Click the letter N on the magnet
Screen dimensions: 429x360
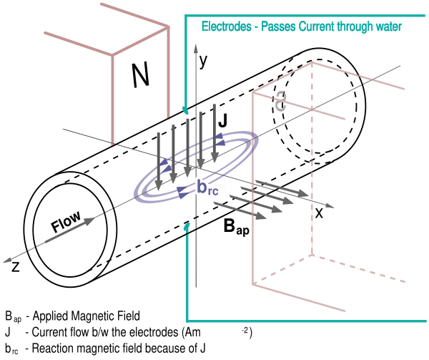point(141,74)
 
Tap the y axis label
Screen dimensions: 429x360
point(203,61)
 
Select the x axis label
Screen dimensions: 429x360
point(319,213)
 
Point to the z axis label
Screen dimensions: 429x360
point(16,267)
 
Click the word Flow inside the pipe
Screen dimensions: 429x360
point(66,221)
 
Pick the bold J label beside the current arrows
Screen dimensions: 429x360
point(223,120)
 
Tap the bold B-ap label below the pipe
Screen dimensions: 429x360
point(237,227)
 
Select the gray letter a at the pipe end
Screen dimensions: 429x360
point(280,102)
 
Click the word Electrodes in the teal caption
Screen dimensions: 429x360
point(226,26)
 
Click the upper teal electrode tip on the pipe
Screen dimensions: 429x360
point(185,111)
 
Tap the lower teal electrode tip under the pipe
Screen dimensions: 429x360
point(187,226)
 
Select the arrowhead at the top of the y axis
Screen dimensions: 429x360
point(196,48)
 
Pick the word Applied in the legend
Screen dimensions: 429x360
point(51,316)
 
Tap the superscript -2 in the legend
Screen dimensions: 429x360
point(245,331)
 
